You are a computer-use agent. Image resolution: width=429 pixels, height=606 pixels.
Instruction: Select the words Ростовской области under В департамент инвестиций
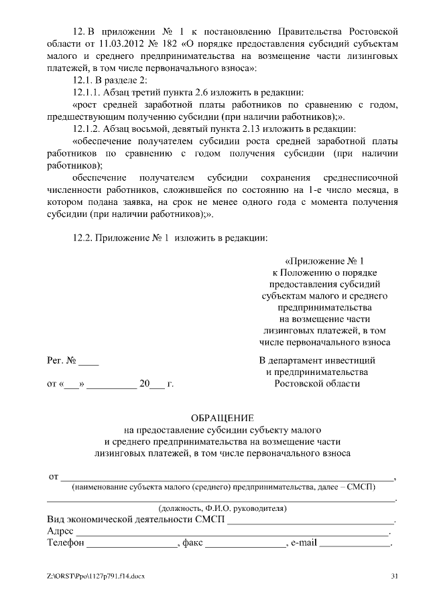[x=317, y=384]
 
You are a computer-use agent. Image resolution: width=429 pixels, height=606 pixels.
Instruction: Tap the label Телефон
[x=65, y=544]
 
